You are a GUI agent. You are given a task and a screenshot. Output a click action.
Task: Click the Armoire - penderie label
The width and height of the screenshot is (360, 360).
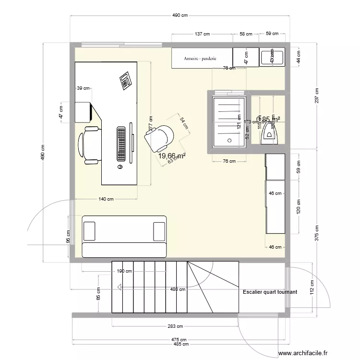pos(200,59)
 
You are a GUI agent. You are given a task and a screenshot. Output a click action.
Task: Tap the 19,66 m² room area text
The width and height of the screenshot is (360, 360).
pos(172,156)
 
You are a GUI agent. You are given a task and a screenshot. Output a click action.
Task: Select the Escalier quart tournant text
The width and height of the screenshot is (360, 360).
pos(270,292)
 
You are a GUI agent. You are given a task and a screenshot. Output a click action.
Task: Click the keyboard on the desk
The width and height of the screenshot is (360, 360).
pos(121,144)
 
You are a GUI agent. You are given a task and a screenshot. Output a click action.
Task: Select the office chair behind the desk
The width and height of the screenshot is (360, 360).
pos(89,144)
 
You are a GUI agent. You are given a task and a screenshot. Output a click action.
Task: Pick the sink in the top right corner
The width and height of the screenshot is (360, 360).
pos(273,58)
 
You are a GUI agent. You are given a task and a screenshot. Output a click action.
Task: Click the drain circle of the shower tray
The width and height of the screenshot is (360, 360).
pos(229,140)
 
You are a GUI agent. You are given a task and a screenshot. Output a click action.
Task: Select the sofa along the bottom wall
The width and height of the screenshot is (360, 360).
pos(124,236)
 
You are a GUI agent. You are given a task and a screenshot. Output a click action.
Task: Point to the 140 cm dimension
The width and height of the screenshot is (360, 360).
pos(106,199)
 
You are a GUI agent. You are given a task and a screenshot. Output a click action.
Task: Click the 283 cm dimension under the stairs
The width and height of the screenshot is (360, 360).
pos(176,326)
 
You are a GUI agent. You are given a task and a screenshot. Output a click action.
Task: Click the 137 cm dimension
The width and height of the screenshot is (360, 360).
pos(203,34)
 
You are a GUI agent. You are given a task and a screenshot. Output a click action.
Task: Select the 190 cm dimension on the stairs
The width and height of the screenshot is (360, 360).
pos(124,271)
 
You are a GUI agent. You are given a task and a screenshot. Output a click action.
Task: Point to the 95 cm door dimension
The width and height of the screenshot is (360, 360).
pos(68,236)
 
